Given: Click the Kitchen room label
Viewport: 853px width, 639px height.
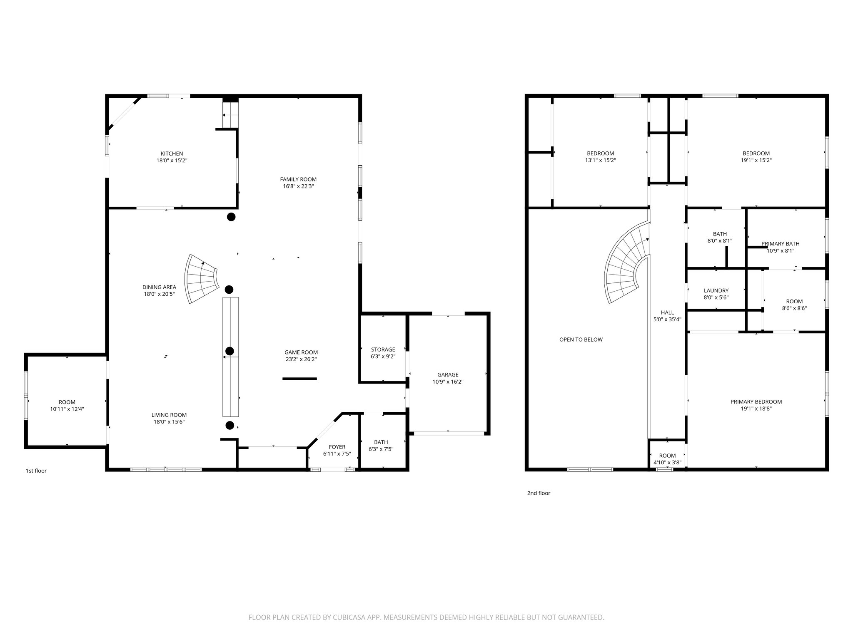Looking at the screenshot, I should click(x=172, y=154).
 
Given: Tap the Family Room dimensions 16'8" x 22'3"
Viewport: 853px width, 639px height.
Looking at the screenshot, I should click(x=298, y=186).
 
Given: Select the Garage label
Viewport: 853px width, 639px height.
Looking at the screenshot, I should click(x=448, y=375).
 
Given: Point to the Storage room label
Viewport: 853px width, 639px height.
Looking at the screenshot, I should click(x=383, y=349).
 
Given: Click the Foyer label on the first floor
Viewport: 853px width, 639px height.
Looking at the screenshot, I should click(x=337, y=447).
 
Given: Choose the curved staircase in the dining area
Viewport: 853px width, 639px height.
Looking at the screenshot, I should click(x=202, y=279).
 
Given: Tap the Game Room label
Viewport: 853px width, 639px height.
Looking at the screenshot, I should click(x=301, y=352).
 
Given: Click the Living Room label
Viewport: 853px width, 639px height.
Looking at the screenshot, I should click(x=169, y=415).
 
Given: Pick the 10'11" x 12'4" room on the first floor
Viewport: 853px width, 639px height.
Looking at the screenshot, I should click(x=67, y=406).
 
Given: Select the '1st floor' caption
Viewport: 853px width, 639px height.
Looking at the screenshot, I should click(x=36, y=471).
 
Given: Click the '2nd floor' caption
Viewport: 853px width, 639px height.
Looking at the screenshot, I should click(x=539, y=493).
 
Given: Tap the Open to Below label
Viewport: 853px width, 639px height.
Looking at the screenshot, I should click(x=581, y=339).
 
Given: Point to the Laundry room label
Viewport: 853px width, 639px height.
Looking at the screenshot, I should click(x=716, y=291).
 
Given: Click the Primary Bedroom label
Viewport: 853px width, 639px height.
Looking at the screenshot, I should click(x=756, y=402).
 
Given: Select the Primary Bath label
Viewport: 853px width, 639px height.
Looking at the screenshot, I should click(x=780, y=244).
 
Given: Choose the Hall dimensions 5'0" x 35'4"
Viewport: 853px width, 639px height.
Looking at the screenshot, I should click(x=667, y=319).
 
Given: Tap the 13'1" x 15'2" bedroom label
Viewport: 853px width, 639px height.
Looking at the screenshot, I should click(x=600, y=157).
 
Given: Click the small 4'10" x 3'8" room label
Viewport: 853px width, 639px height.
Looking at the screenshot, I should click(x=667, y=459).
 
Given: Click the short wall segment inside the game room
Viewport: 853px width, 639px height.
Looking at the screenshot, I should click(x=299, y=379).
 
